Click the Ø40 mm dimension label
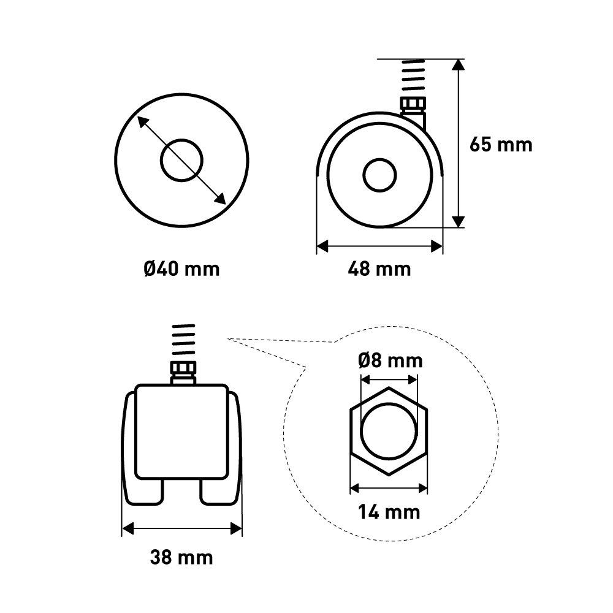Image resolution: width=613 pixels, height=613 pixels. tap(181, 269)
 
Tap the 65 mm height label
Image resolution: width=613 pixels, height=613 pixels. tap(501, 145)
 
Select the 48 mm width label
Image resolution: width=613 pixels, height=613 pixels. tap(379, 269)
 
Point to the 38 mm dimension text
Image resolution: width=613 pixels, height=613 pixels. tap(181, 557)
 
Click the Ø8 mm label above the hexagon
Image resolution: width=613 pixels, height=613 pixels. tap(390, 360)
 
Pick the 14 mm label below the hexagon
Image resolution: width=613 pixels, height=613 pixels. tap(389, 512)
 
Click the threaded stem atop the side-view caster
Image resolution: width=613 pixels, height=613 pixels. tap(413, 75)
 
